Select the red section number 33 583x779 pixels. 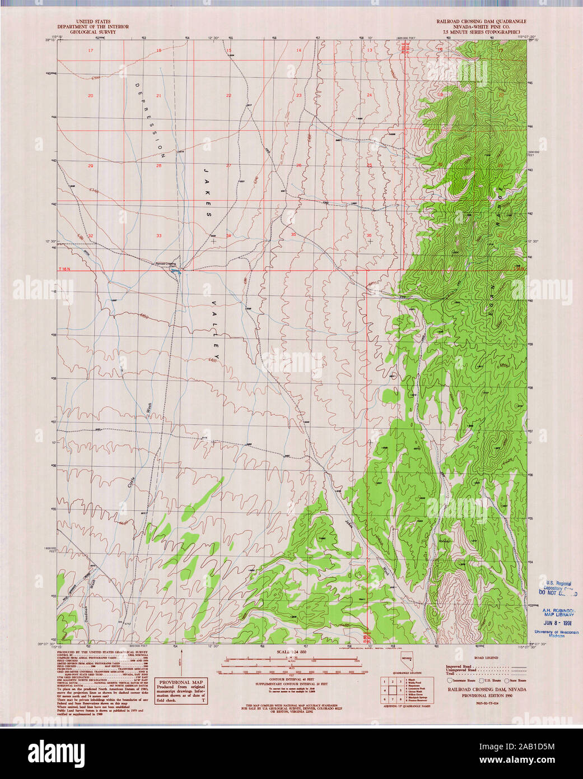tap(158, 235)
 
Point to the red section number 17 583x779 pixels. tap(90, 51)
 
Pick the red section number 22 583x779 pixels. tap(228, 96)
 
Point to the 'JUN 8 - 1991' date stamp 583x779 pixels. tap(556, 622)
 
